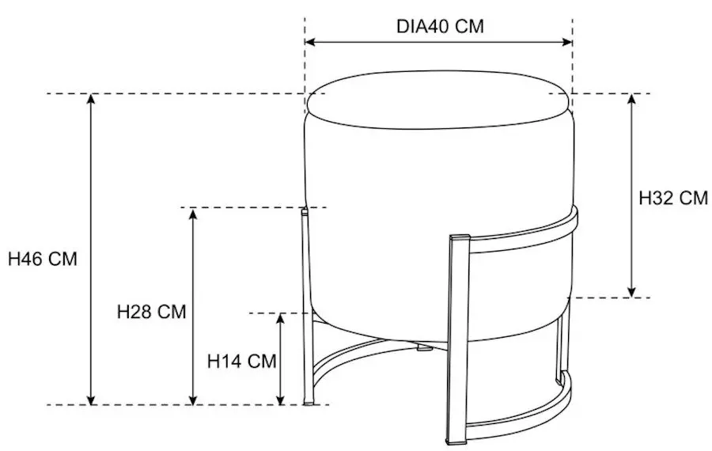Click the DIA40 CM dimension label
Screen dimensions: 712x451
(440, 26)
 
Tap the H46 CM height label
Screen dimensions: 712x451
(43, 259)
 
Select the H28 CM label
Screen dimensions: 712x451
(152, 312)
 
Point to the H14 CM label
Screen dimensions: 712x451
(241, 361)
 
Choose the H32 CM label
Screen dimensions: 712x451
(673, 198)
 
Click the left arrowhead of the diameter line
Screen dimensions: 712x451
(309, 42)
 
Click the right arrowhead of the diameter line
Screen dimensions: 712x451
(567, 42)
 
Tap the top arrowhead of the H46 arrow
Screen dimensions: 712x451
(91, 99)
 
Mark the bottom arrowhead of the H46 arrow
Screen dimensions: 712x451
(91, 400)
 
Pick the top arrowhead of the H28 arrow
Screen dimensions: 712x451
(193, 213)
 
